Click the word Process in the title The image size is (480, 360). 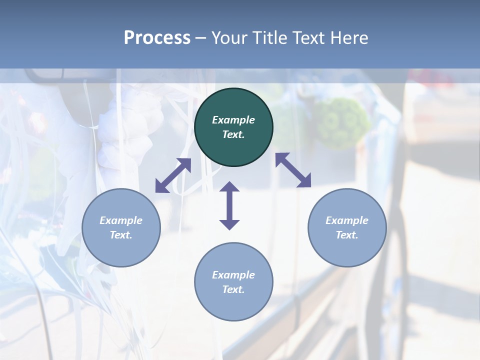click(x=157, y=38)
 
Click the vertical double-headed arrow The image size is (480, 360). click(x=229, y=205)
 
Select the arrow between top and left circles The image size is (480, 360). click(x=173, y=175)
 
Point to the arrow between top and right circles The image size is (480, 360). click(x=293, y=170)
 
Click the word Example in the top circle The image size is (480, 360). click(x=233, y=120)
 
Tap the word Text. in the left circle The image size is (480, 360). click(x=121, y=235)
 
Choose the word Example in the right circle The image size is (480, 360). click(x=347, y=220)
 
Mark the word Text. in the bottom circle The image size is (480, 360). click(x=233, y=289)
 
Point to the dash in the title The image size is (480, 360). click(x=200, y=38)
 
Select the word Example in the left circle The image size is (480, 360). click(x=121, y=220)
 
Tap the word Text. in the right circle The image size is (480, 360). click(x=347, y=235)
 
